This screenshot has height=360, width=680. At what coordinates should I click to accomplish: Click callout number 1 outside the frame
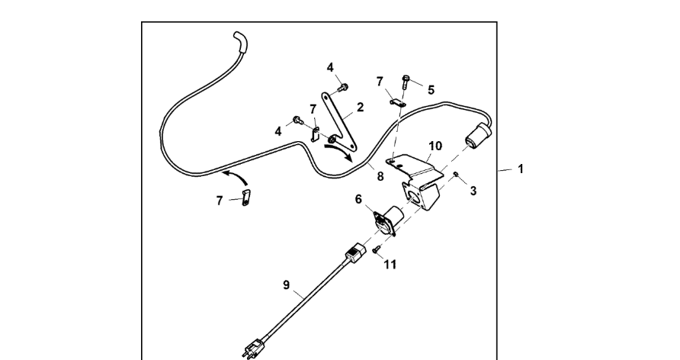click(x=521, y=169)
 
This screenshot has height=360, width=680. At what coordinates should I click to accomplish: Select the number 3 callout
click(x=473, y=191)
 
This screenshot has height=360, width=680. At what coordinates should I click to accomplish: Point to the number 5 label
click(x=431, y=89)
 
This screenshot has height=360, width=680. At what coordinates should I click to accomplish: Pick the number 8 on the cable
click(x=380, y=176)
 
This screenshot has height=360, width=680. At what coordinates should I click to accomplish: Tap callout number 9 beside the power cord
click(x=287, y=285)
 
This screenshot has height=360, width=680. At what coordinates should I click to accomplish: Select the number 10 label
click(x=435, y=145)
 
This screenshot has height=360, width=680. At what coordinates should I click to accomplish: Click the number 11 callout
click(x=390, y=265)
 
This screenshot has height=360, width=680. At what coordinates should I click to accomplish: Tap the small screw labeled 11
click(x=377, y=249)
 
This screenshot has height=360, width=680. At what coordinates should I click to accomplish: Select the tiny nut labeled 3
click(x=454, y=175)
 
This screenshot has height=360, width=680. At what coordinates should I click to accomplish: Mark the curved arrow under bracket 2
click(x=339, y=153)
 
